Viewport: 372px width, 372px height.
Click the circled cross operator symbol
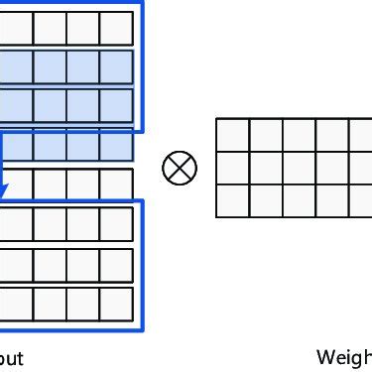pyautogui.click(x=180, y=167)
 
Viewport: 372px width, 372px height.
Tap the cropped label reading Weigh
pyautogui.click(x=343, y=357)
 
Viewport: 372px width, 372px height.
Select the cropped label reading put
pyautogui.click(x=11, y=358)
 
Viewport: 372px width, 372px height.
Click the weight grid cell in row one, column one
pyautogui.click(x=232, y=134)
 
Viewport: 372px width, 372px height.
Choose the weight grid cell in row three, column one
pyautogui.click(x=232, y=199)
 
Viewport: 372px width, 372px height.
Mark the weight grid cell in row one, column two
pyautogui.click(x=265, y=134)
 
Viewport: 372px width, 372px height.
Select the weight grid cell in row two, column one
pyautogui.click(x=232, y=167)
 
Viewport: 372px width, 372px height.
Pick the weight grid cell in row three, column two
pyautogui.click(x=265, y=199)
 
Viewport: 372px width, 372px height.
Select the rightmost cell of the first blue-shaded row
pyautogui.click(x=116, y=66)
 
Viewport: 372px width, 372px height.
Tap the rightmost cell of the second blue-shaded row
pyautogui.click(x=116, y=105)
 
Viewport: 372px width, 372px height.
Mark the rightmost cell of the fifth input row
pyautogui.click(x=116, y=185)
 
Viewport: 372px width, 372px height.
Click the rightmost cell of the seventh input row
pyautogui.click(x=116, y=264)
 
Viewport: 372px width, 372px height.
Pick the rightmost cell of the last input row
pyautogui.click(x=116, y=303)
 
